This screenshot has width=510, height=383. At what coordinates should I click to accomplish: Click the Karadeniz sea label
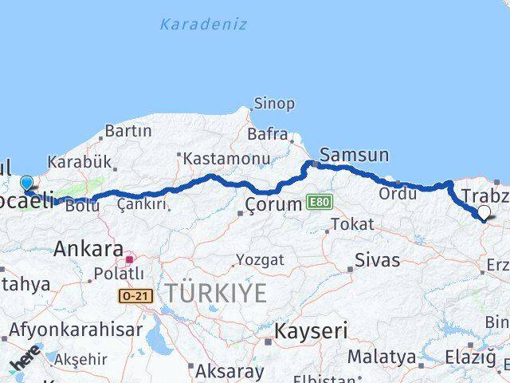point(203,24)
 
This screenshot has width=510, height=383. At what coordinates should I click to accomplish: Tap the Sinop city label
point(273,103)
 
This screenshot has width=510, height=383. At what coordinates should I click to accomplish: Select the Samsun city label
point(354,154)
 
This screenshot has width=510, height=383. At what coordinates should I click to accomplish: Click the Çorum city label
point(274,204)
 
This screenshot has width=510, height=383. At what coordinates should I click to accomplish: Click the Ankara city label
point(88,249)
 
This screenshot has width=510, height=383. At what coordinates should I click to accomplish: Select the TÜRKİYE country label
point(216,293)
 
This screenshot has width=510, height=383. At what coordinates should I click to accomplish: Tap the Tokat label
point(351,224)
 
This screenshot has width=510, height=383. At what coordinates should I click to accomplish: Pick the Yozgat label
point(260,260)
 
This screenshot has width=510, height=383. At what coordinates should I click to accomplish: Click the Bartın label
point(127,130)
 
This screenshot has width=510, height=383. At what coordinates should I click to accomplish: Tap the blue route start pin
point(26,184)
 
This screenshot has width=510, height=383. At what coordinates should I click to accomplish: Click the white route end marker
point(484,212)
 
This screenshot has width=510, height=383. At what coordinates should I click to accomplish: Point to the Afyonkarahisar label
point(76,329)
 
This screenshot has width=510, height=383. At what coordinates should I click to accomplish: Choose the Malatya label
point(381,356)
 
